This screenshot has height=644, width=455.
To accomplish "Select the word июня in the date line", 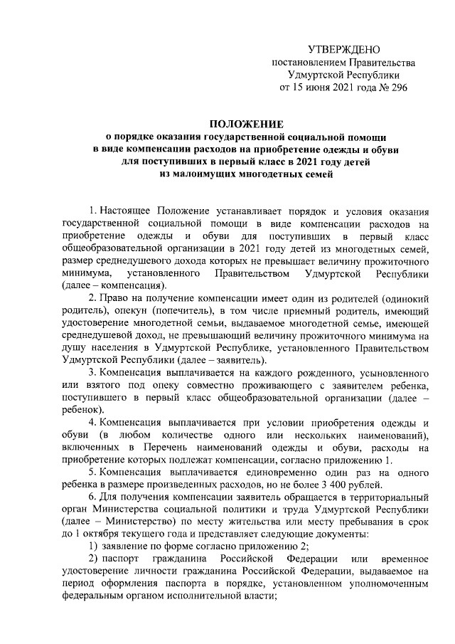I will coord(319,88).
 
